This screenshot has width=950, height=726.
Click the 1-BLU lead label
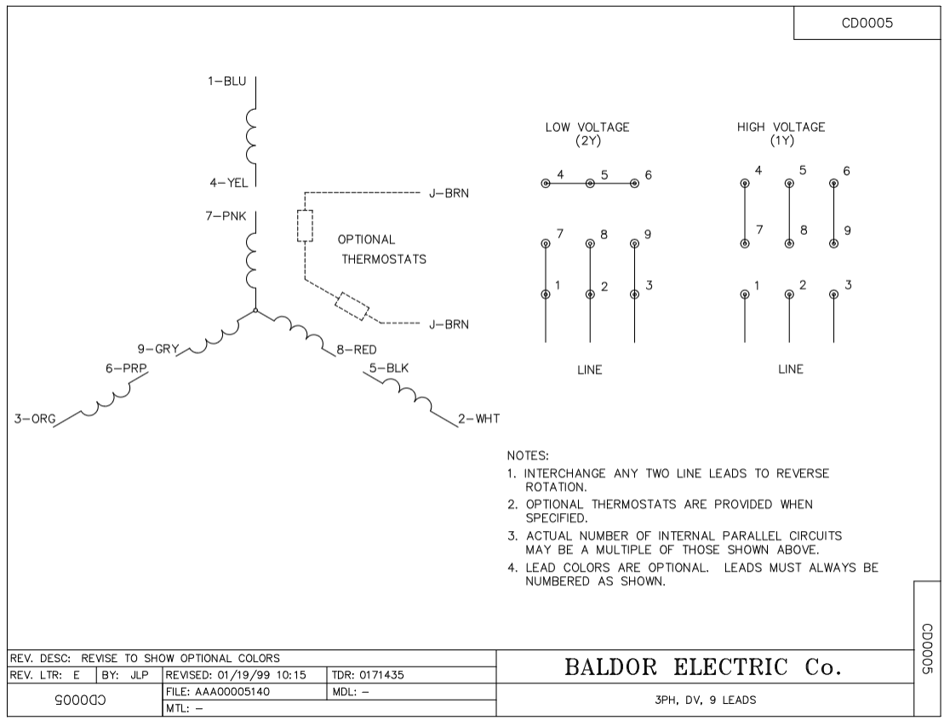click(226, 81)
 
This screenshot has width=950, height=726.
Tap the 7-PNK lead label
click(226, 215)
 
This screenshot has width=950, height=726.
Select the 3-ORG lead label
click(35, 419)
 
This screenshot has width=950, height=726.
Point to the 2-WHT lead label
click(478, 419)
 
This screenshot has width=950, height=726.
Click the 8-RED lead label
click(356, 350)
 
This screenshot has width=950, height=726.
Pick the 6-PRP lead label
click(126, 369)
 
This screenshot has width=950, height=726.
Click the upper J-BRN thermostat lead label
click(449, 193)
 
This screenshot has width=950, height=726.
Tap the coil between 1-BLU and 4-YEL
click(251, 136)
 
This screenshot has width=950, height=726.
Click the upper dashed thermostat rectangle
click(305, 226)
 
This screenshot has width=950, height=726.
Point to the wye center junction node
click(255, 311)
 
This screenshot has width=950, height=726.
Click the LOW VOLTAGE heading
click(587, 128)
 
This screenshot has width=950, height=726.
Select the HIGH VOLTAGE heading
click(781, 128)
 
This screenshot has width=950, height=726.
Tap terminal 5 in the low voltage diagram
click(590, 183)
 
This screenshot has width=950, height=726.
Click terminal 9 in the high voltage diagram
click(833, 243)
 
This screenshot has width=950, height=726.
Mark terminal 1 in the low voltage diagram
click(546, 294)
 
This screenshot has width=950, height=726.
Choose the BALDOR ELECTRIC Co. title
click(703, 667)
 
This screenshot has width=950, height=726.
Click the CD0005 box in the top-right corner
click(867, 23)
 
